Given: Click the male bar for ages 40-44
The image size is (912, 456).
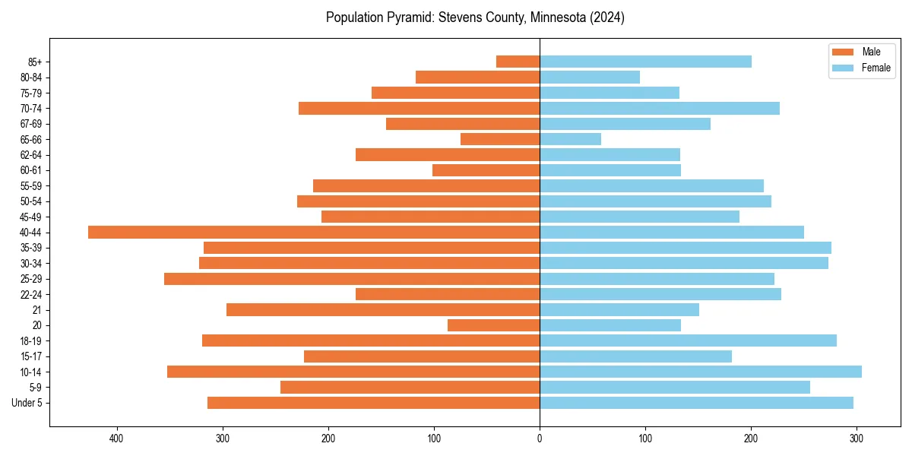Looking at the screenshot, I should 314,233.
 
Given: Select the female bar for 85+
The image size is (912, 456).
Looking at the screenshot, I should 645,62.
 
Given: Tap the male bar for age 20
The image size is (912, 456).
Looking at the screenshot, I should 493,325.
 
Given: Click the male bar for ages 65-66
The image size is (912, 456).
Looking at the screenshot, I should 500,139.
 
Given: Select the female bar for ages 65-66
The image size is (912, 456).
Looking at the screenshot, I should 570,139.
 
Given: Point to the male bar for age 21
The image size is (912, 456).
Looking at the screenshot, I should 383,310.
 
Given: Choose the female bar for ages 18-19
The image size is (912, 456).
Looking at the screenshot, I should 688,340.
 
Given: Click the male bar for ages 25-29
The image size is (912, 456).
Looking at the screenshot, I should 352,279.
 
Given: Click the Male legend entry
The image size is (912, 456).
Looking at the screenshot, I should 860,52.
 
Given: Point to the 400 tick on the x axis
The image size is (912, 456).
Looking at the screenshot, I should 116,439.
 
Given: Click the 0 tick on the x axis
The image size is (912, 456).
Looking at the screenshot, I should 540,439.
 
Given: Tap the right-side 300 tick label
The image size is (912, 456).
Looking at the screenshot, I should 857,439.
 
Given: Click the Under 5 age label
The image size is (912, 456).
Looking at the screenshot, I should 27,403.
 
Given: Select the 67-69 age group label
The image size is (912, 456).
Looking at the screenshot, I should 31,124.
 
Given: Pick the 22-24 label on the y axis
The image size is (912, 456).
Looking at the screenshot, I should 31,295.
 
